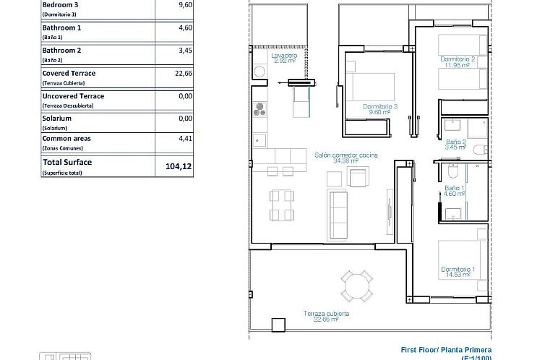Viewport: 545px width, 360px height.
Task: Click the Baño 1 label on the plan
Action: click(x=455, y=189)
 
